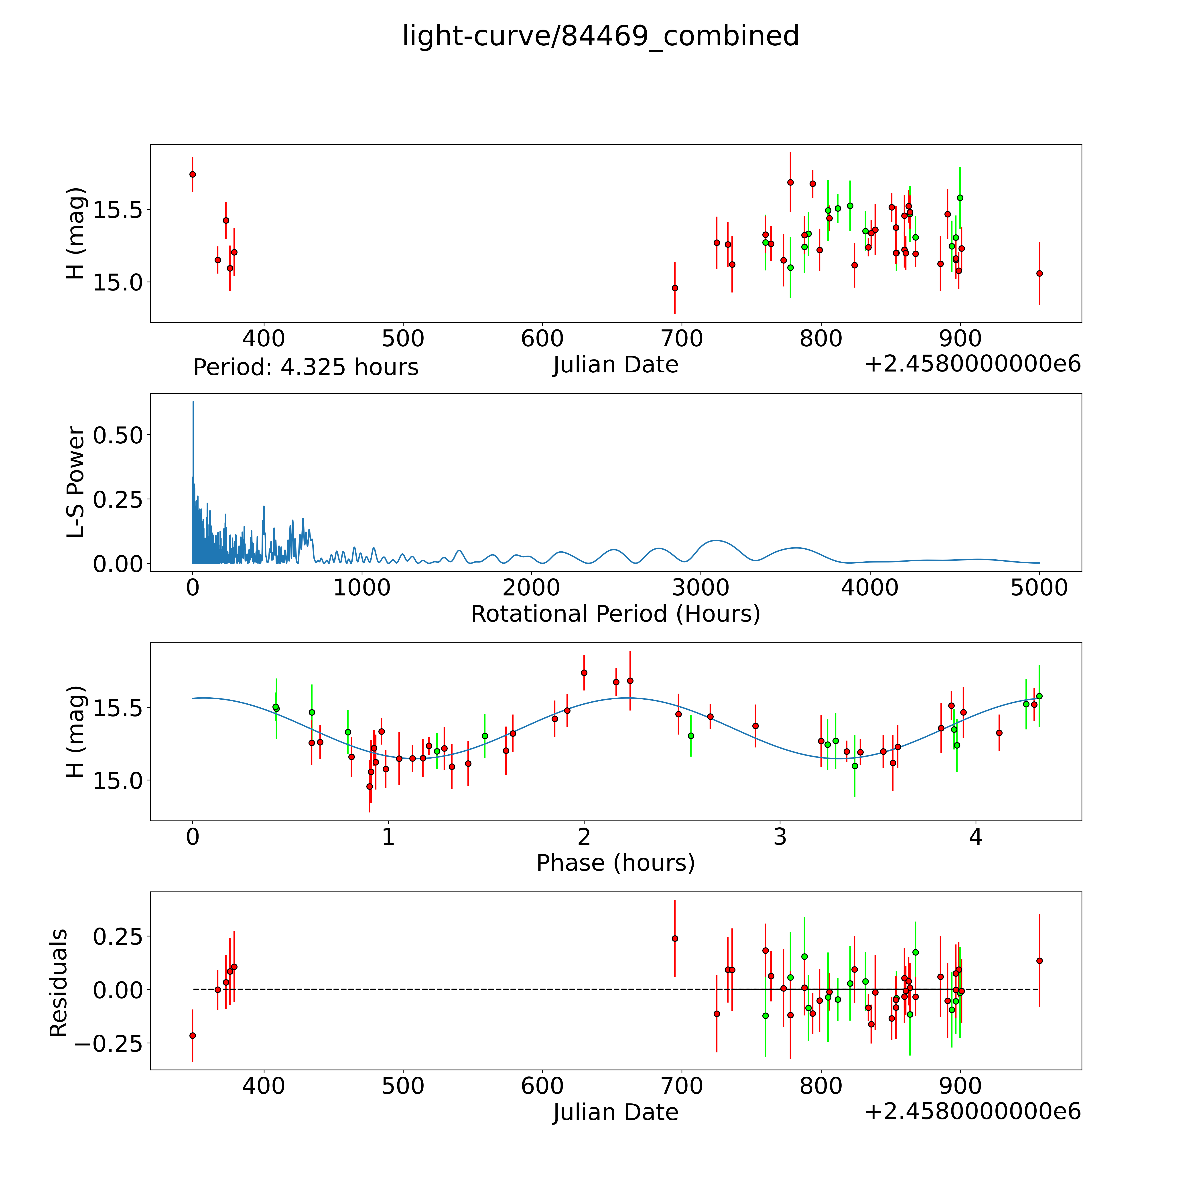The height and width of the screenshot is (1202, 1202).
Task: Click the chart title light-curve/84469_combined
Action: coord(600,36)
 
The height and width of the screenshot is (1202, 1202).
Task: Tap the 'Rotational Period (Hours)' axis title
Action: coord(615,614)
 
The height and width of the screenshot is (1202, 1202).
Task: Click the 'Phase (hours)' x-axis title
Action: coord(615,863)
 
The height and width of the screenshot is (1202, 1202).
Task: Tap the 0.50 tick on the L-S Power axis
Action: coord(118,435)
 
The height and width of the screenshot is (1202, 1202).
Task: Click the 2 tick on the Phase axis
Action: coord(584,837)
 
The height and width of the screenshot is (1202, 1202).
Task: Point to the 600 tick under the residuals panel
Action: coord(542,1086)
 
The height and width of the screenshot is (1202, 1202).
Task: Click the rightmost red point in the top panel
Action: coord(1039,273)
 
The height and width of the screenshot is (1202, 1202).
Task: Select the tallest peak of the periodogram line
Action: coord(193,402)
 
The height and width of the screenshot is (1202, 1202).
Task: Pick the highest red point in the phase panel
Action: coord(584,672)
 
